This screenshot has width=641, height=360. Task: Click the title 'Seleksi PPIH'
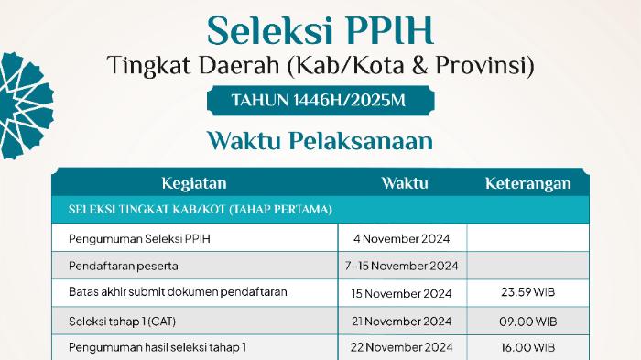click(x=320, y=30)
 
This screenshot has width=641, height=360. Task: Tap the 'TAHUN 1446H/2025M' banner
click(x=320, y=100)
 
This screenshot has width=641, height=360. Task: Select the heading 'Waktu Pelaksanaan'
click(x=320, y=141)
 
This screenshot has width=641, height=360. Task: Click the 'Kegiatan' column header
click(x=194, y=183)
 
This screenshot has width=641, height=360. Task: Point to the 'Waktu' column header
click(x=405, y=183)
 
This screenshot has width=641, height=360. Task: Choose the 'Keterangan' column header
click(x=528, y=183)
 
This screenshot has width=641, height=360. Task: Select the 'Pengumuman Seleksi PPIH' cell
click(x=139, y=238)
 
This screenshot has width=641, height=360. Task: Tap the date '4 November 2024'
click(x=401, y=238)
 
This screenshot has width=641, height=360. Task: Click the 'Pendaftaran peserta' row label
click(x=124, y=267)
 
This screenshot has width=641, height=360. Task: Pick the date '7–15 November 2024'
click(x=401, y=267)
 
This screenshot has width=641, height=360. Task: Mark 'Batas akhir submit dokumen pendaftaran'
click(x=178, y=292)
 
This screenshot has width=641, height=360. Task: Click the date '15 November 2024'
click(x=401, y=294)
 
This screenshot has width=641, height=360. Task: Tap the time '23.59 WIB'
click(x=527, y=292)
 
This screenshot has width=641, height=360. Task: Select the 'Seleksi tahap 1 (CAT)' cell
click(x=122, y=322)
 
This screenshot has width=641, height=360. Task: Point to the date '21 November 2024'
click(x=401, y=322)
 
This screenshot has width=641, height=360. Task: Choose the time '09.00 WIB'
click(x=527, y=322)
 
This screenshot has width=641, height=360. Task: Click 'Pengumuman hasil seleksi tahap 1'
click(x=158, y=348)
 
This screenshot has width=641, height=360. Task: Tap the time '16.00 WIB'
click(x=527, y=348)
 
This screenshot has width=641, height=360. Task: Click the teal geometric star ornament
click(x=26, y=105)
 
